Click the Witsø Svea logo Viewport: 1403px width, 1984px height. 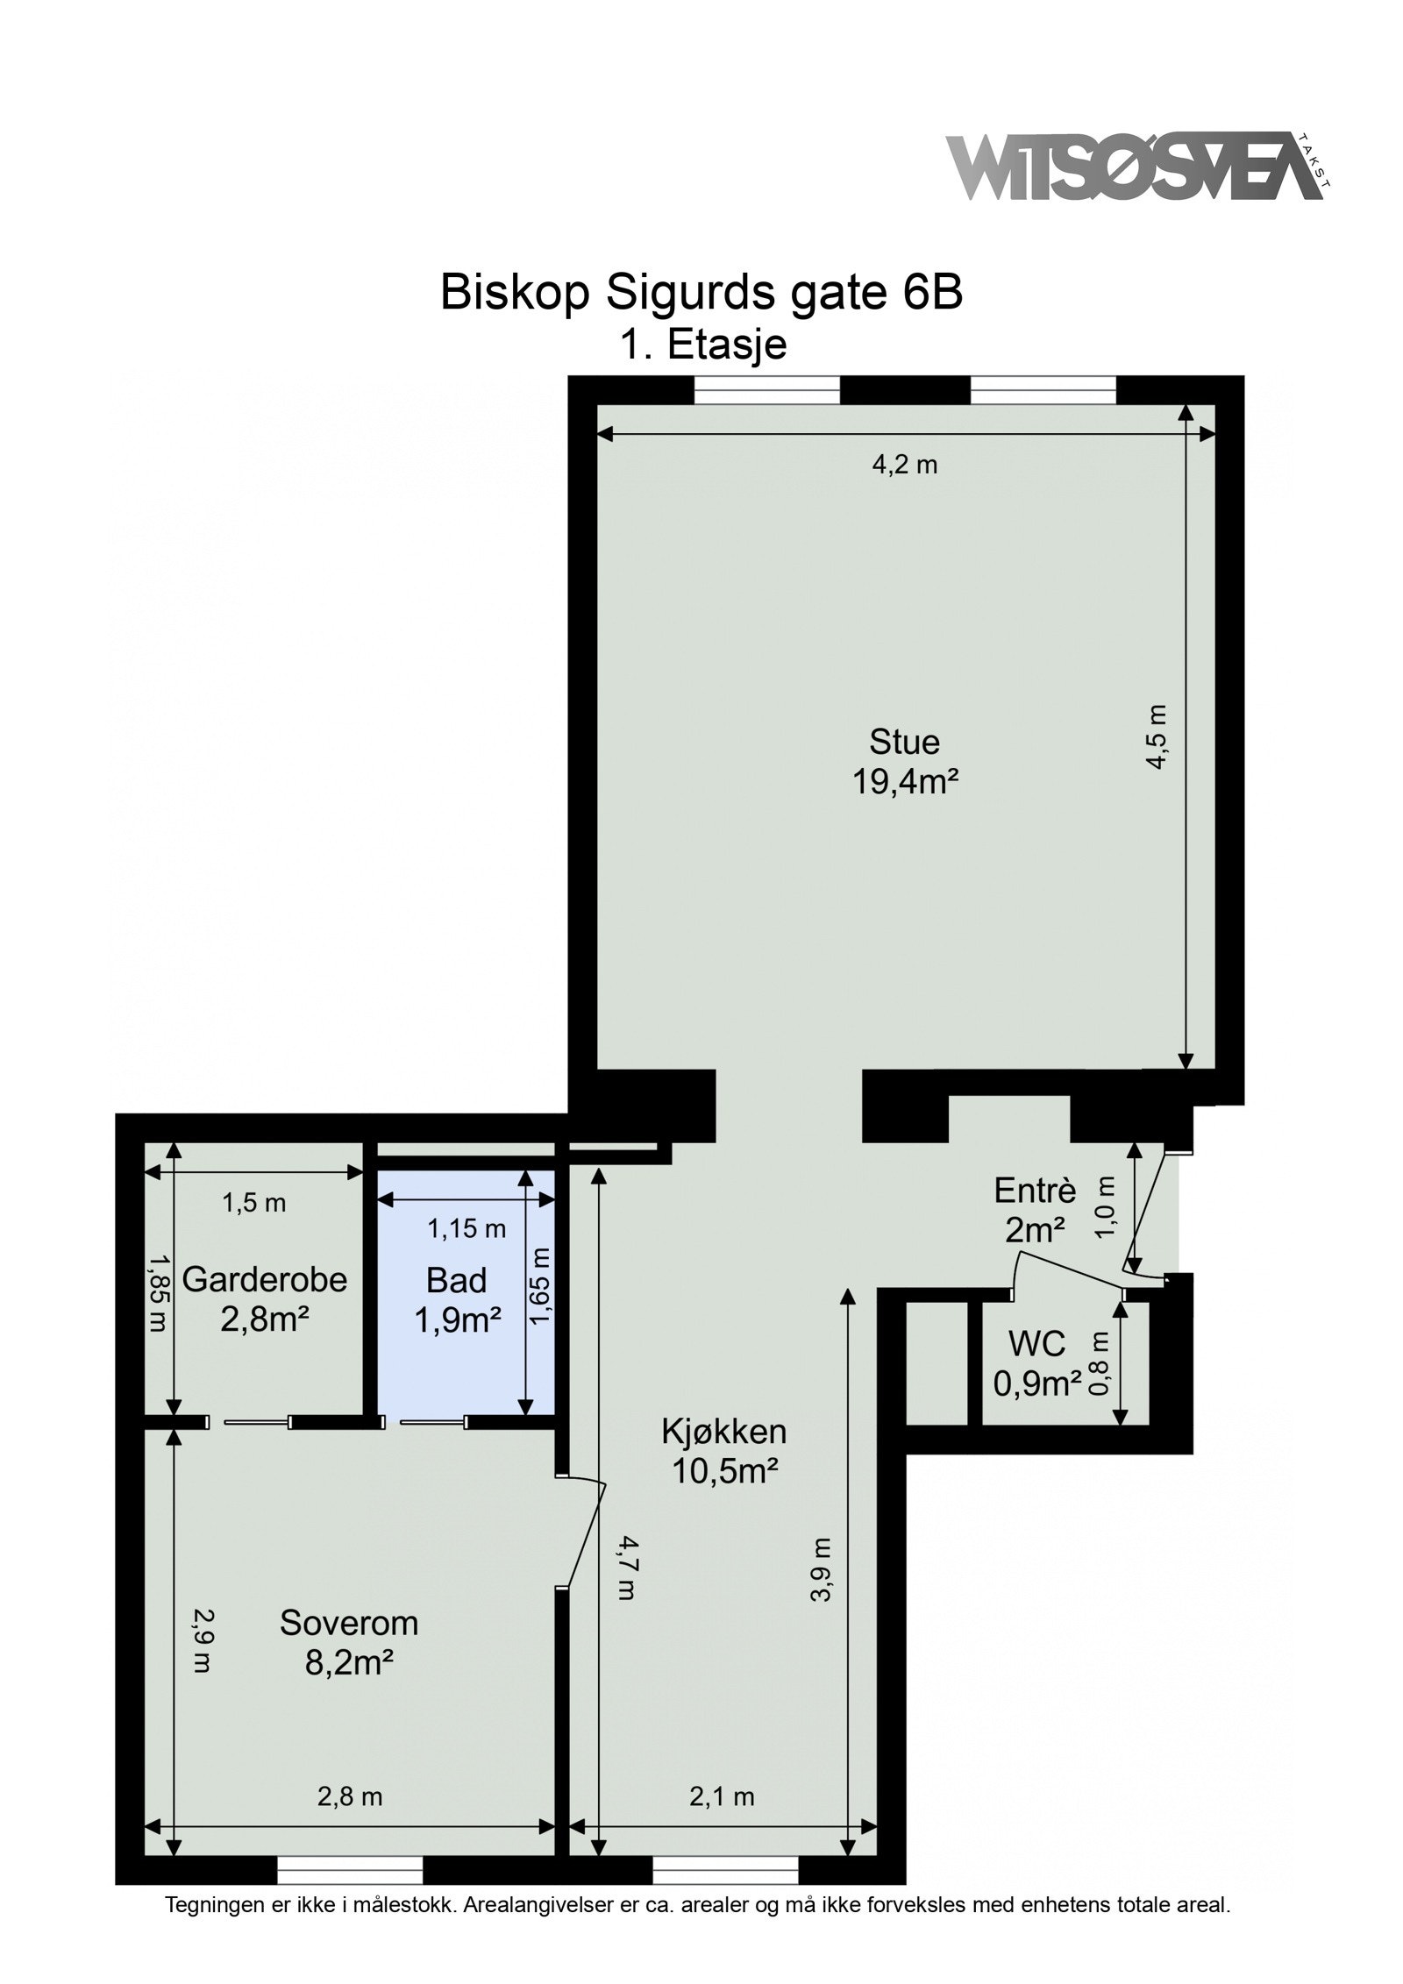click(1135, 167)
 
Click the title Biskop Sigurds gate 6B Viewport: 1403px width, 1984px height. click(701, 292)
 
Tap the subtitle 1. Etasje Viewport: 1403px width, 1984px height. click(702, 344)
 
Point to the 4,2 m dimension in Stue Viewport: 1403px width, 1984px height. click(903, 466)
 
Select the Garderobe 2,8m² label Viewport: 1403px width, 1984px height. click(264, 1298)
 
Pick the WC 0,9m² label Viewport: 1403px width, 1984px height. click(1036, 1363)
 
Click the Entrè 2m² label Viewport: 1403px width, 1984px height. click(1035, 1211)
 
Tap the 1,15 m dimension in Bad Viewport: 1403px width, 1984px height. click(466, 1229)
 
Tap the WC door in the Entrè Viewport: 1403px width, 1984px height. click(1070, 1272)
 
